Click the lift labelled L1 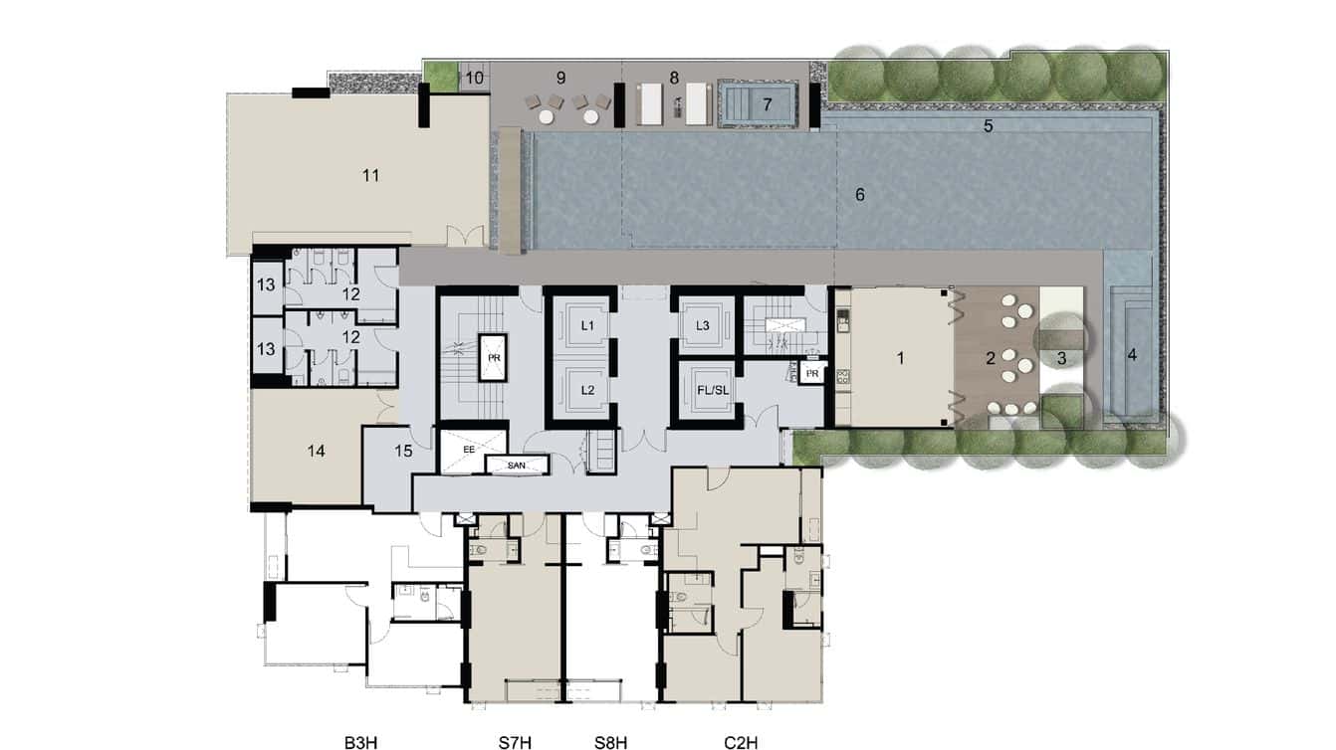tap(587, 325)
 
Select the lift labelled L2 tap(587, 390)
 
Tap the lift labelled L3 tap(703, 325)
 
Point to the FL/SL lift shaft tap(703, 390)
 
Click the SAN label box tap(516, 465)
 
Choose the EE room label tap(469, 450)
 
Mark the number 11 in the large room tap(371, 176)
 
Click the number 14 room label tap(317, 452)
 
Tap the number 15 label tap(403, 450)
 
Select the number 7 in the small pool tap(767, 103)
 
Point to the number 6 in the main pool tap(859, 195)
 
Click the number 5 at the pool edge tap(989, 126)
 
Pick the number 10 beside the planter tap(475, 78)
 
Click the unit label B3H tap(360, 741)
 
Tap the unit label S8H tap(610, 741)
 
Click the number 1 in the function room tap(900, 358)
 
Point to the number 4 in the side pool tap(1132, 353)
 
